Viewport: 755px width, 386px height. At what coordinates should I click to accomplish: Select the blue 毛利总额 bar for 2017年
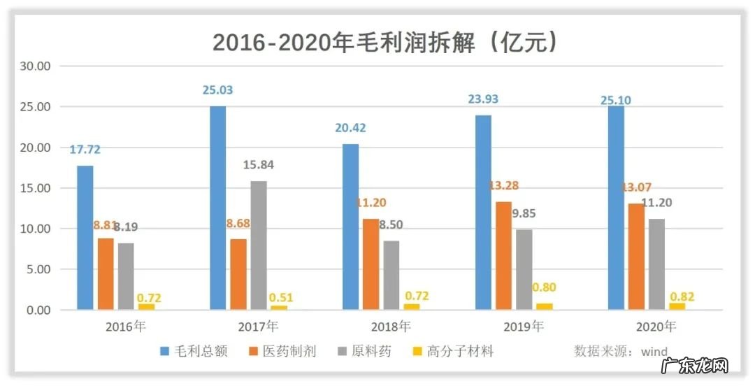(217, 208)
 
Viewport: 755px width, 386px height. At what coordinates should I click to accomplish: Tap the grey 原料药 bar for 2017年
(258, 245)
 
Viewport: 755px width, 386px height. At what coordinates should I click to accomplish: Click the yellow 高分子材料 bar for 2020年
(677, 306)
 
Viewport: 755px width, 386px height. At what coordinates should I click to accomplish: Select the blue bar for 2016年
(85, 237)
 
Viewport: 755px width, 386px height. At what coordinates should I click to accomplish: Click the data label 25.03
(217, 90)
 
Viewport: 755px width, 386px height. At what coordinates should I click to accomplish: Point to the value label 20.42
(350, 128)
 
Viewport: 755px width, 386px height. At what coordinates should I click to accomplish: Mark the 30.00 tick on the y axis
(35, 66)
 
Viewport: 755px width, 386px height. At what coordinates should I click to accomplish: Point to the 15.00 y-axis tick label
(35, 188)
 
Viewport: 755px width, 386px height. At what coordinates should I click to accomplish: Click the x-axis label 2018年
(389, 326)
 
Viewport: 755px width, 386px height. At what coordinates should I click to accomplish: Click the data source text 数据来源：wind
(621, 351)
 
